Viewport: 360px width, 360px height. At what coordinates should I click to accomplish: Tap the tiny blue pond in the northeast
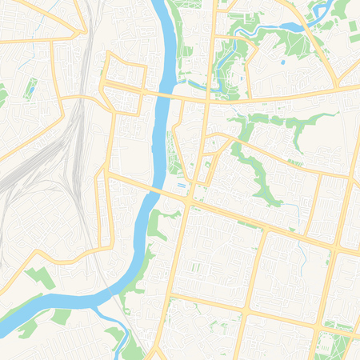point(282,61)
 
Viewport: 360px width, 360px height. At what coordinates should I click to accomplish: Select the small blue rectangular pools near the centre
point(182,186)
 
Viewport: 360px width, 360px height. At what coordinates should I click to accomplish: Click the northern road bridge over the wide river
point(165,94)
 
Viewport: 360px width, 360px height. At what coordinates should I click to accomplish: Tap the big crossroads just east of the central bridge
point(189,202)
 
